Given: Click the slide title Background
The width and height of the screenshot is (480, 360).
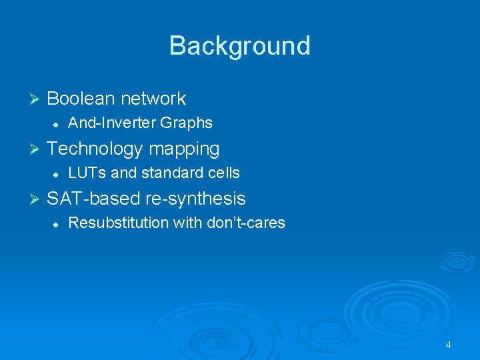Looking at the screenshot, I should [239, 46].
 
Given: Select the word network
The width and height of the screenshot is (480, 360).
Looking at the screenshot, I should [154, 99].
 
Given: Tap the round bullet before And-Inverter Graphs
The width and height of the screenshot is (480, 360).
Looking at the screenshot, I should [57, 123].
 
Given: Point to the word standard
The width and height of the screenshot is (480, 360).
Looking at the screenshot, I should [169, 173].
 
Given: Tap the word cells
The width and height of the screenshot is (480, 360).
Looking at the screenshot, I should [223, 173].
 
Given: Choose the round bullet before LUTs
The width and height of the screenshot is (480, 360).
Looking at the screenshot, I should [57, 173].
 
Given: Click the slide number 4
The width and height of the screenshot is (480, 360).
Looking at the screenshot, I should [448, 345].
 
